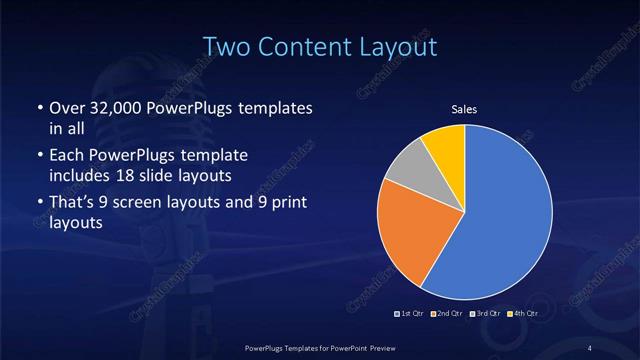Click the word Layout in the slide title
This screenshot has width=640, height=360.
click(x=401, y=47)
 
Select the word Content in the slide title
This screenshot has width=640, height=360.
click(x=307, y=47)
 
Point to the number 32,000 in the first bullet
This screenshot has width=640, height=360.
click(x=127, y=108)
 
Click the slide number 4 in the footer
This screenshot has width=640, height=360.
click(x=591, y=347)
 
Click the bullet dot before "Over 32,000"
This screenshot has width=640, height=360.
click(x=38, y=108)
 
